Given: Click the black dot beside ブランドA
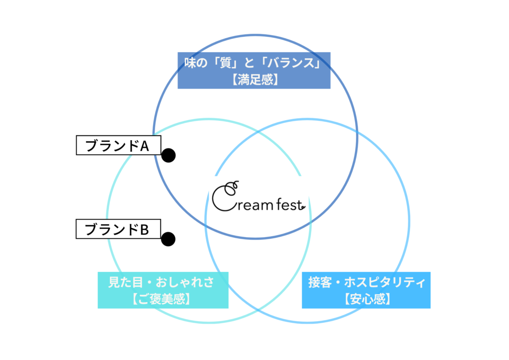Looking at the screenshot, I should coord(169,156).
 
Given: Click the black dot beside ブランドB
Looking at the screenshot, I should coord(169,239).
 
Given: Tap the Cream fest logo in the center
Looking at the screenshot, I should coord(257,198).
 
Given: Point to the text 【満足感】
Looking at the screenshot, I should coord(254,80).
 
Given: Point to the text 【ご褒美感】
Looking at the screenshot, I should coord(163,299).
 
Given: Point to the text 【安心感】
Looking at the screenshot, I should coord(366,299).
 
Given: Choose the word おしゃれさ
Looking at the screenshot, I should coord(185,283).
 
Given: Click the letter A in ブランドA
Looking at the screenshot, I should coord(145,145).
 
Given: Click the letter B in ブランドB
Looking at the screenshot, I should coord(144,229).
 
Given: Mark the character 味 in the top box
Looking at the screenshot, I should coord(189,64).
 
